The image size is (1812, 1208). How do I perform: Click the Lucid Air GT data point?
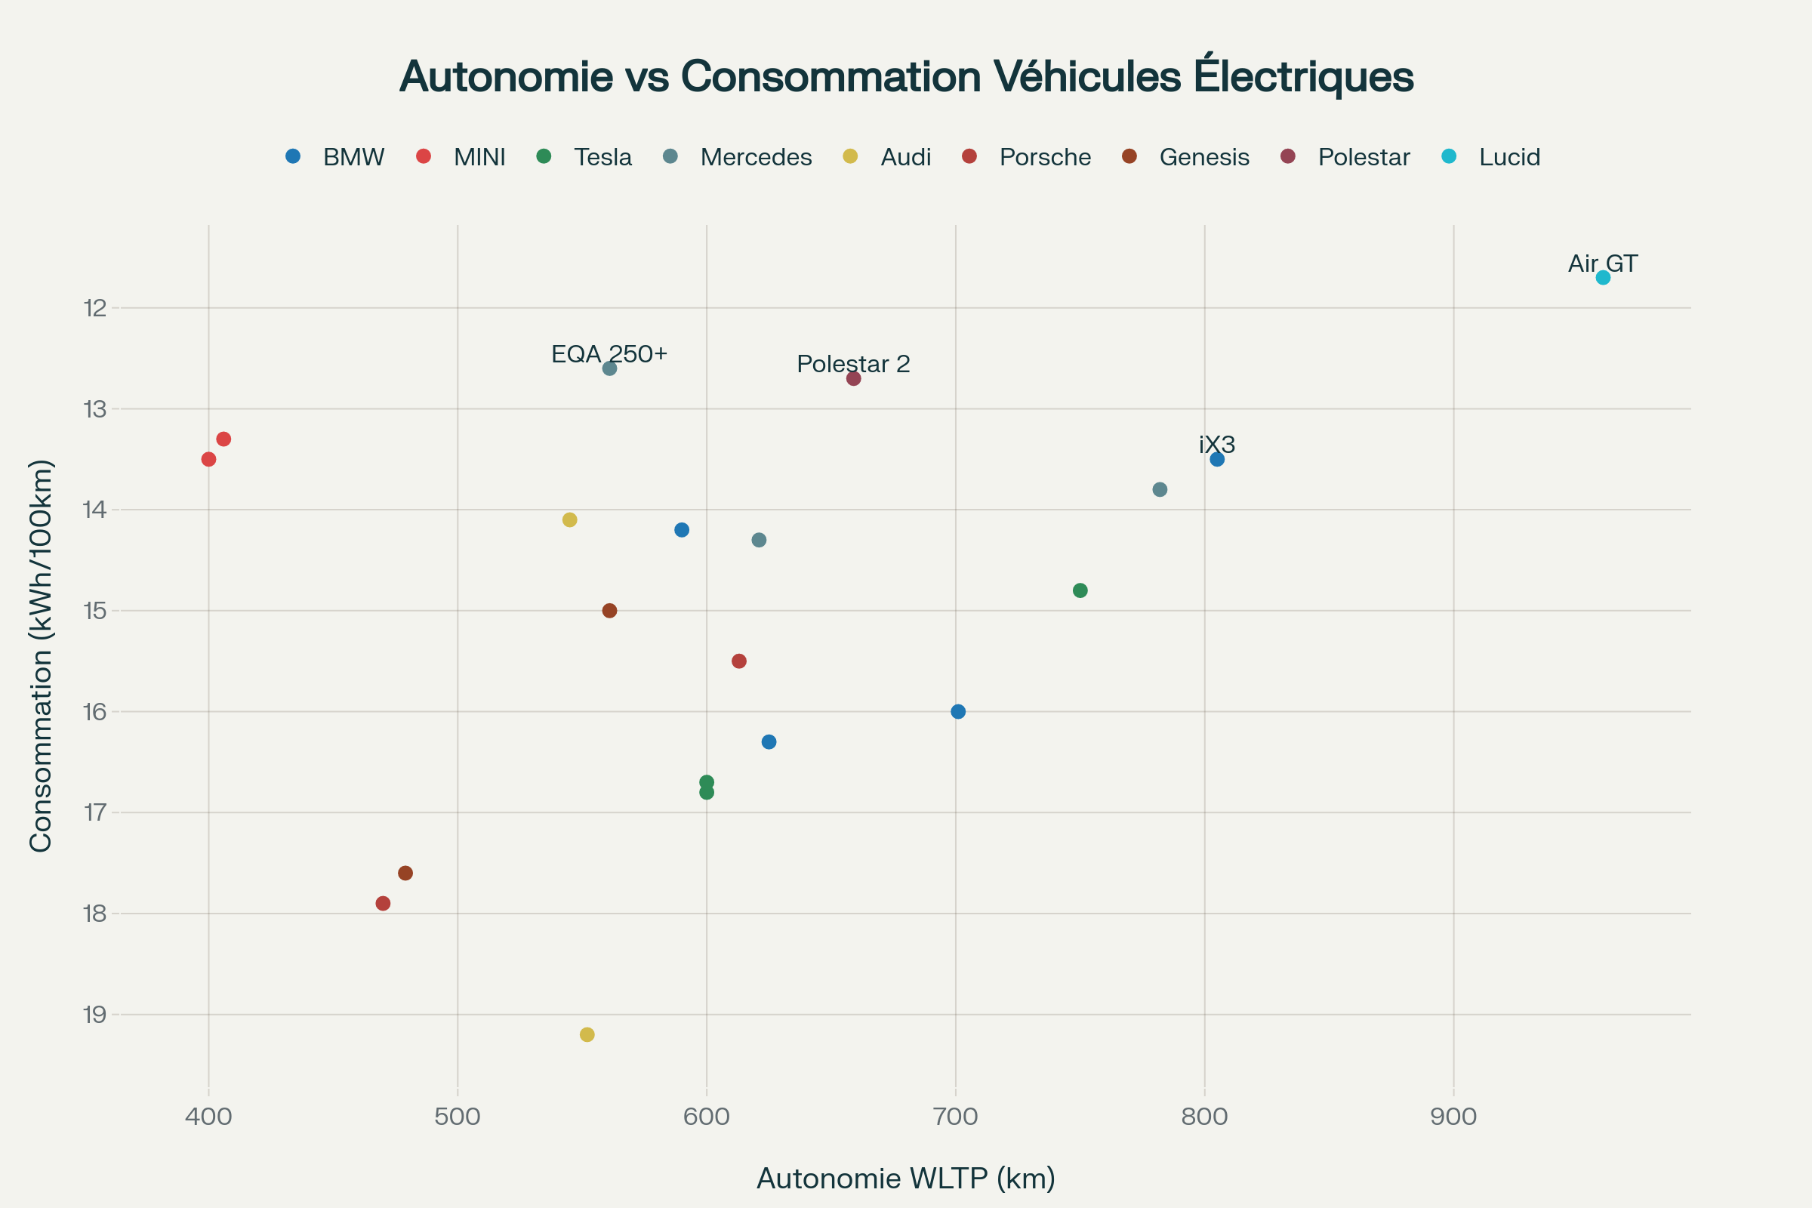coord(1603,277)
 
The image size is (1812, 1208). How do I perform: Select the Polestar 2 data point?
coord(854,378)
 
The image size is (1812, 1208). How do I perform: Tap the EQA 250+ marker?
coord(609,368)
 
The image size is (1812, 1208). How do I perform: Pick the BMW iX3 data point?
coord(1217,459)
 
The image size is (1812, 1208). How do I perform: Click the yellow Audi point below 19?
coord(587,1034)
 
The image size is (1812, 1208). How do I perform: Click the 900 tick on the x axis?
coord(1453,1117)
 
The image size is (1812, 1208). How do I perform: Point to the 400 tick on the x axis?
coord(209,1117)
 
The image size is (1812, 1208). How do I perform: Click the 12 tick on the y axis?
coord(95,308)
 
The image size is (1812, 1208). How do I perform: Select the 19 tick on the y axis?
coord(95,1015)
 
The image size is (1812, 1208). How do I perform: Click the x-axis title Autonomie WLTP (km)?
coord(906,1178)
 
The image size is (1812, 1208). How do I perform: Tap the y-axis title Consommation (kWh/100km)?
coord(40,655)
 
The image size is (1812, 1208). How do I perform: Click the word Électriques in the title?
coord(1304,76)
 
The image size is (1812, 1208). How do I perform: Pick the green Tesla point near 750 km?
coord(1080,590)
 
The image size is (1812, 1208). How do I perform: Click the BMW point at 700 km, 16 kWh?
coord(958,711)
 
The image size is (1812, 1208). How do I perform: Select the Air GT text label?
coord(1603,263)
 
